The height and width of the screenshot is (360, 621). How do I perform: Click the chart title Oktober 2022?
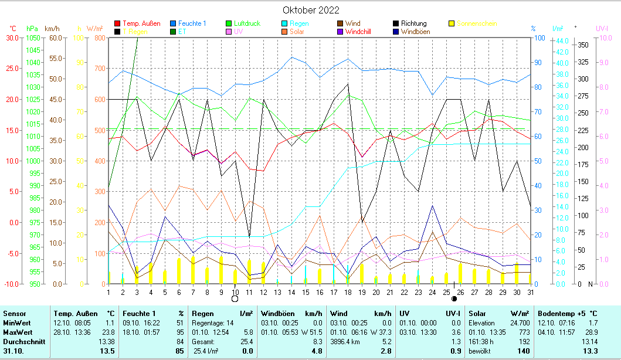pos(310,10)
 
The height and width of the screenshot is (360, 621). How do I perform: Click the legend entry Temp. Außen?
pos(141,23)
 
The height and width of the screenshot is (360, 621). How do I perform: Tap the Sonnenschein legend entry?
pos(477,23)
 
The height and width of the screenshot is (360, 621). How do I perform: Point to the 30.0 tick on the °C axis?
pos(12,38)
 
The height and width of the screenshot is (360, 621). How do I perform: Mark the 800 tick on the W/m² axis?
pos(99,38)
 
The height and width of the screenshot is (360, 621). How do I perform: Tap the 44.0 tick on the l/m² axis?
pos(562,40)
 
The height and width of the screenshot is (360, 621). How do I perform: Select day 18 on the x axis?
pos(348,291)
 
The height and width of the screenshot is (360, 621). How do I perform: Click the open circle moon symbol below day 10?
pos(235,298)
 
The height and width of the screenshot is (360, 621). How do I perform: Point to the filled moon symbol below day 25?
pos(454,299)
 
